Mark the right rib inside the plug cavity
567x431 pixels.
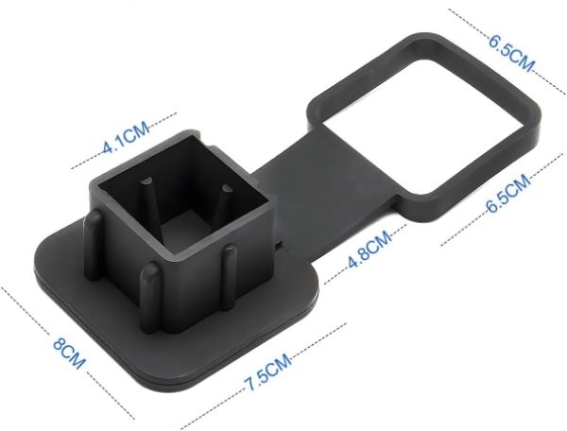[225, 200]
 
